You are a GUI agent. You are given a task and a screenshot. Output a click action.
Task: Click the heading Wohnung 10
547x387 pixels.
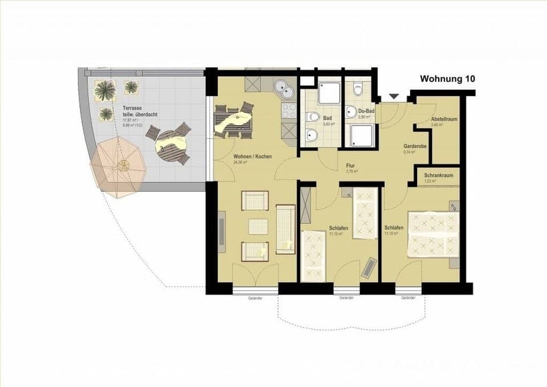pyautogui.click(x=447, y=79)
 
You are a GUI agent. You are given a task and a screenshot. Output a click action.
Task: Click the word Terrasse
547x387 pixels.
pyautogui.click(x=132, y=108)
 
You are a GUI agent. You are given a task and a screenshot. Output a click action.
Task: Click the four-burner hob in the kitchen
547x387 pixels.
pyautogui.click(x=289, y=110)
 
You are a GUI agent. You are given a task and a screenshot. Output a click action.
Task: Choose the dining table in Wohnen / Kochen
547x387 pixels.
pyautogui.click(x=233, y=121)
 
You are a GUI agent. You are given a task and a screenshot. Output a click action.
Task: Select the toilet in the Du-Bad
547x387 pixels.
pyautogui.click(x=358, y=89)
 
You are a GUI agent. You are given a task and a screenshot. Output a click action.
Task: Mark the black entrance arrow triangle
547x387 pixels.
pyautogui.click(x=394, y=97)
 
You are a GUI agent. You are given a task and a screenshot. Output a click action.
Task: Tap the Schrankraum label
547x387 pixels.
pyautogui.click(x=439, y=175)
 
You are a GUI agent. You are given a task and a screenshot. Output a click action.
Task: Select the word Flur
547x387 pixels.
pyautogui.click(x=351, y=166)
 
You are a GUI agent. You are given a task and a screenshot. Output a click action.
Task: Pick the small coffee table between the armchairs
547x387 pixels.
pyautogui.click(x=258, y=226)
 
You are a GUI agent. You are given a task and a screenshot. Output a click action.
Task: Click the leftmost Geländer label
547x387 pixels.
pyautogui.click(x=255, y=298)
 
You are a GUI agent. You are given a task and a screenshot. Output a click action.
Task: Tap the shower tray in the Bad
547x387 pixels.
pyautogui.click(x=329, y=92)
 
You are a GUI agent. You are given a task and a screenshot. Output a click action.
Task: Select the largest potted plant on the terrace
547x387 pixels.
pyautogui.click(x=105, y=90)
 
